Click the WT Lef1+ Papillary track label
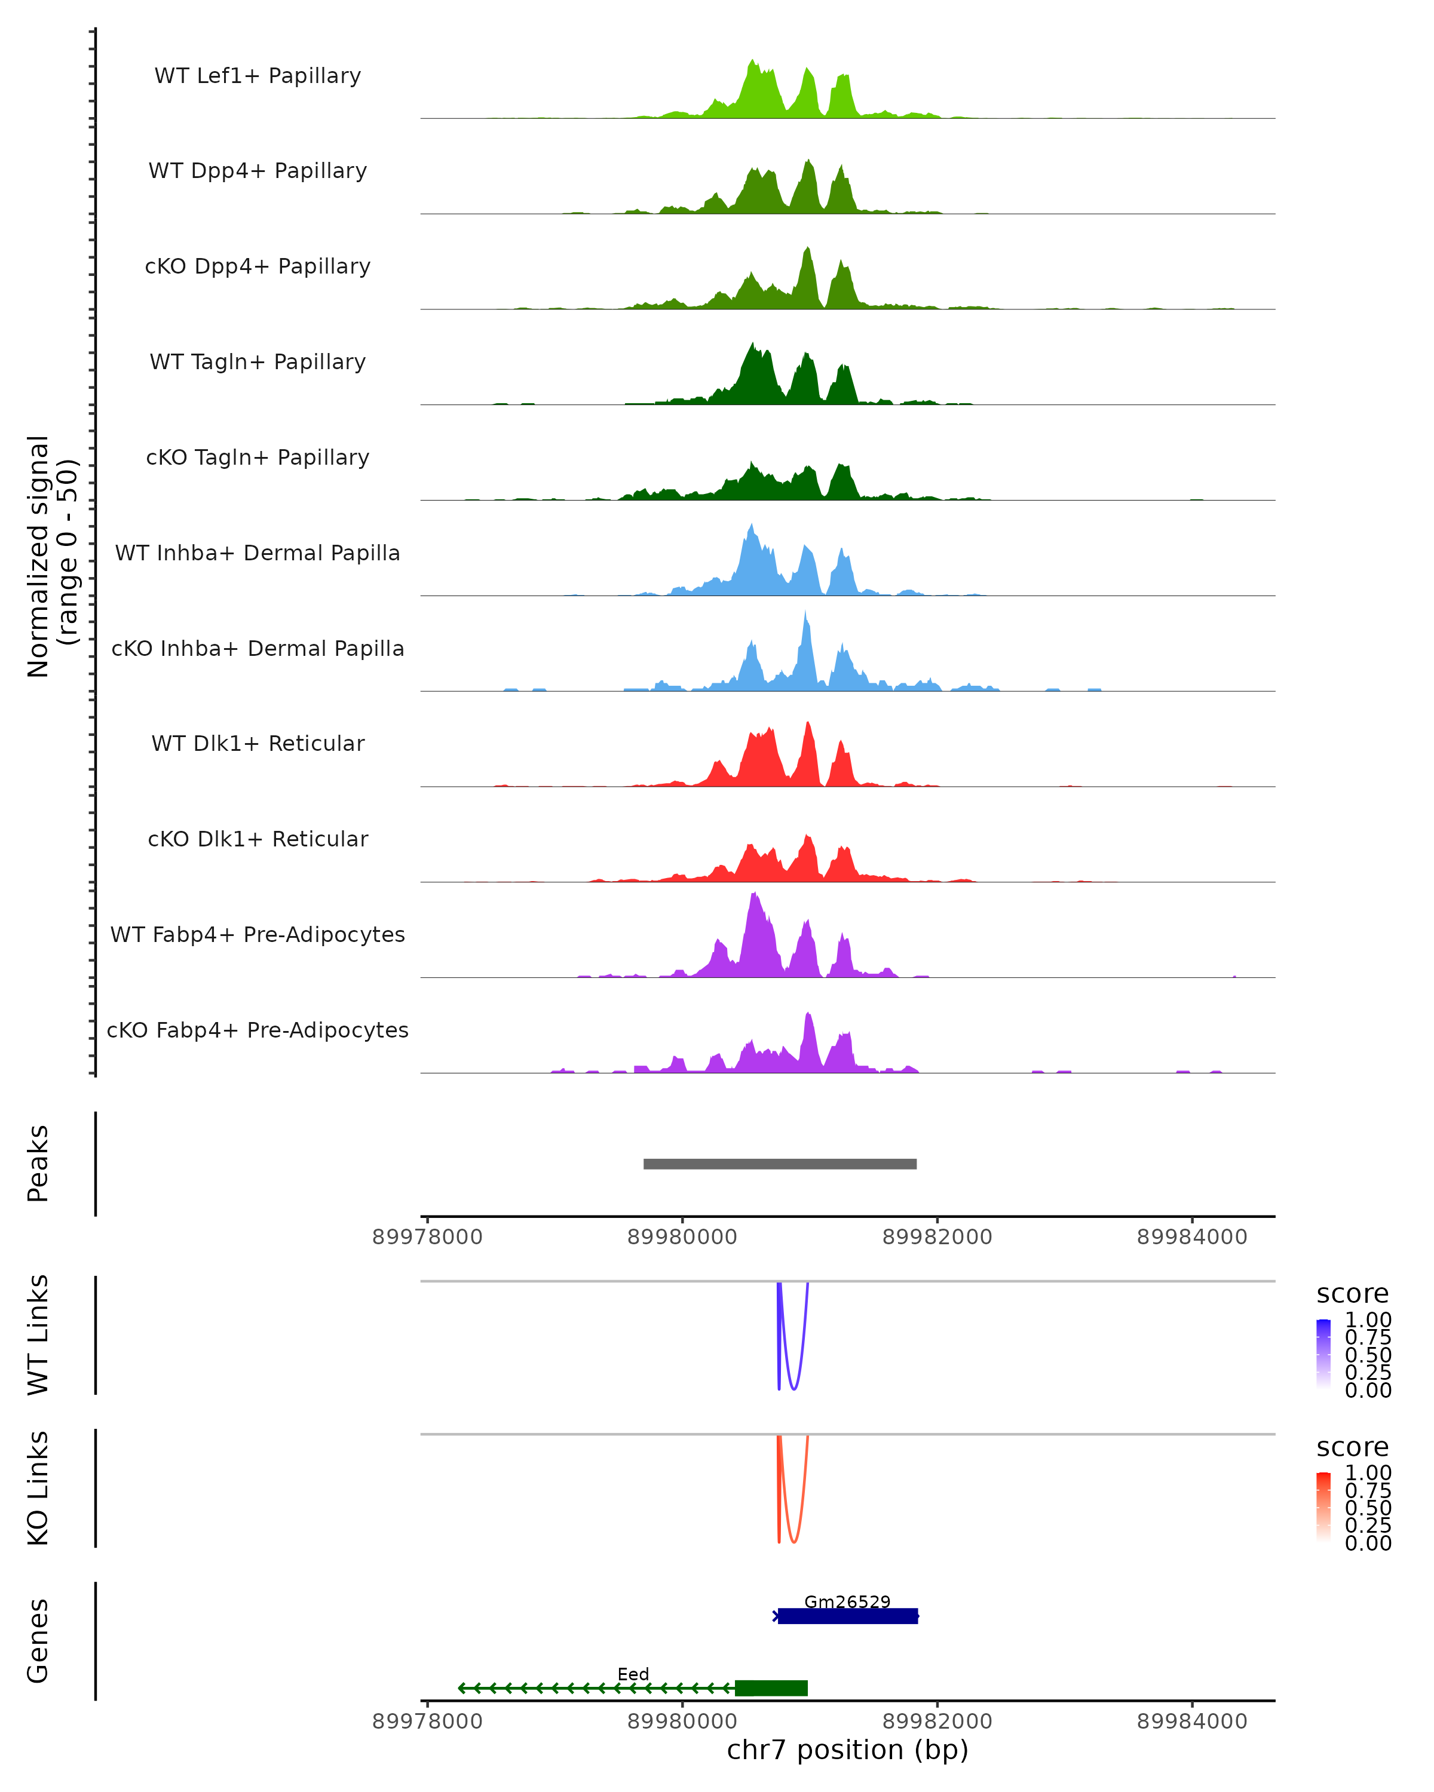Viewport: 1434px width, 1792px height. [258, 76]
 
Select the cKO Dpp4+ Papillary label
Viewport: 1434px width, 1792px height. [258, 267]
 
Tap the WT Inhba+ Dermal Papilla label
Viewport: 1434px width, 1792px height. [258, 554]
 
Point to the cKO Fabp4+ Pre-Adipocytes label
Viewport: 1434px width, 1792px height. [258, 1030]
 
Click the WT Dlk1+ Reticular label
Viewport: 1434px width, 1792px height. [258, 744]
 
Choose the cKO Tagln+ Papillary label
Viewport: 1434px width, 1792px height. [258, 458]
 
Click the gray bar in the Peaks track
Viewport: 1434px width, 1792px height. [780, 1164]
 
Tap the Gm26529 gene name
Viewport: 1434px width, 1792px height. [847, 1601]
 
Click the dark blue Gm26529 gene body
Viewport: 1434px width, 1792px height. [848, 1616]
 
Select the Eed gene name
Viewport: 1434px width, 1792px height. [633, 1674]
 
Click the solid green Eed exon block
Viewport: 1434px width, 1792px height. [771, 1688]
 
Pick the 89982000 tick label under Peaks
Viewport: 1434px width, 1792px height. [937, 1238]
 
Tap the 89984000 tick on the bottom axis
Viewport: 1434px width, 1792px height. [1192, 1722]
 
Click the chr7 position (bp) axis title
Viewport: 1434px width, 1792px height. [847, 1750]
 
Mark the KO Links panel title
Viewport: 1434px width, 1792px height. [38, 1488]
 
